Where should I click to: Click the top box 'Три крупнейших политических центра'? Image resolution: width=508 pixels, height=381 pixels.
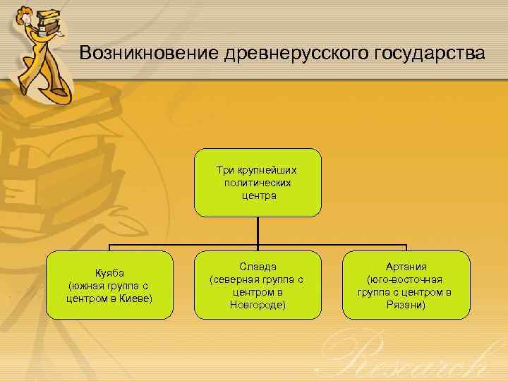[258, 182]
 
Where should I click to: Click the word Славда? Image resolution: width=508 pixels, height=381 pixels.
[258, 267]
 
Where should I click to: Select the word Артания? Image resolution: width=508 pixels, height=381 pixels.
[406, 267]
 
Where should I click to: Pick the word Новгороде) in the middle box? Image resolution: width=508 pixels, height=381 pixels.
[258, 305]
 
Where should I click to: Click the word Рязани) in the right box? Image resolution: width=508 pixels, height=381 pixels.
[406, 305]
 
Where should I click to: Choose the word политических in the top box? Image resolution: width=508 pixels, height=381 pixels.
[258, 183]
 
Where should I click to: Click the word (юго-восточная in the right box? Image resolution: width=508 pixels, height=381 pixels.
[406, 279]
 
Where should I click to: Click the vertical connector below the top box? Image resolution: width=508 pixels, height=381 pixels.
[258, 230]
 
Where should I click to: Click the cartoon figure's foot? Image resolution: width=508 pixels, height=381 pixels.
[61, 91]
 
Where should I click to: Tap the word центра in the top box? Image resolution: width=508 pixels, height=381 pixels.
[258, 195]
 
